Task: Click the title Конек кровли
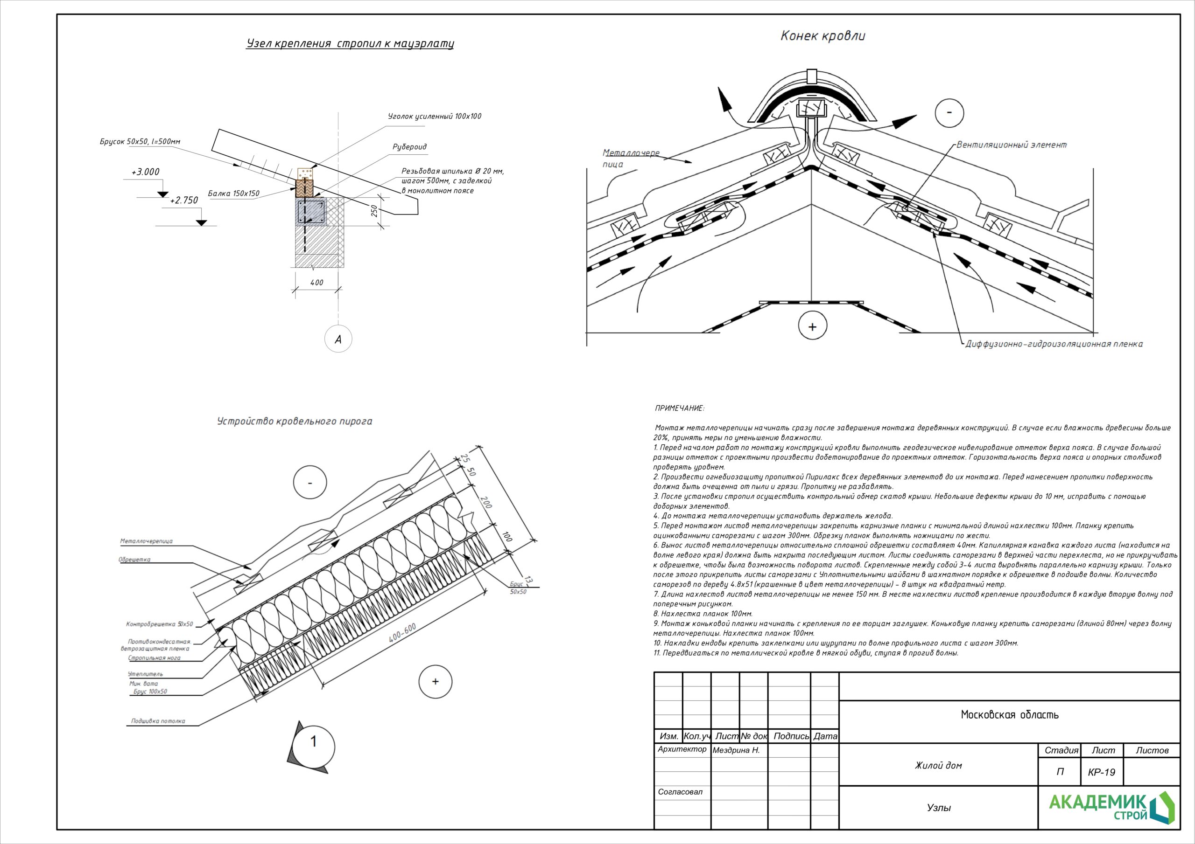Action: (823, 36)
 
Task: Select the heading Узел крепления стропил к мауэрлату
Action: (350, 43)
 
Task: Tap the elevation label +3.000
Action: (145, 172)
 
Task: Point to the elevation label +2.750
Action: (184, 200)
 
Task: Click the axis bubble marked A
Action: (338, 339)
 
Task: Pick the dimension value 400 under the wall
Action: (316, 283)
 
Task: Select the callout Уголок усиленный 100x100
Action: (435, 117)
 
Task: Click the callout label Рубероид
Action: (409, 146)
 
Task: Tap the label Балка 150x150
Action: (234, 194)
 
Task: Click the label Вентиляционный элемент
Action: (1011, 145)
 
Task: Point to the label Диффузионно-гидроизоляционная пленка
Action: (1054, 344)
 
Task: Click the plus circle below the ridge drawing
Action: (812, 326)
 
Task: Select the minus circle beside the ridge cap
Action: (949, 113)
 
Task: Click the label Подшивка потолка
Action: (158, 721)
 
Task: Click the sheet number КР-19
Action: (1101, 772)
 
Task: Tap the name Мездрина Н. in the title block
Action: (736, 750)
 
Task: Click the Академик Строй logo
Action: (1111, 808)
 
